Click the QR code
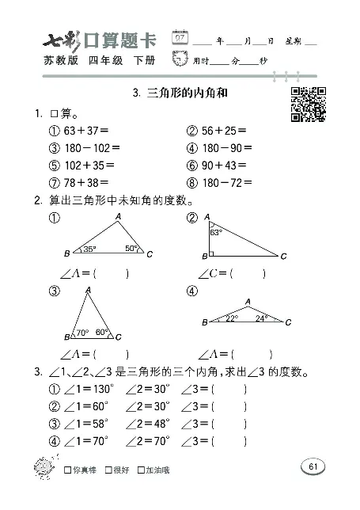307,104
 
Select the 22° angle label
231,318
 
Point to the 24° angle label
262,318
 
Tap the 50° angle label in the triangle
131,249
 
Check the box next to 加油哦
141,471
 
